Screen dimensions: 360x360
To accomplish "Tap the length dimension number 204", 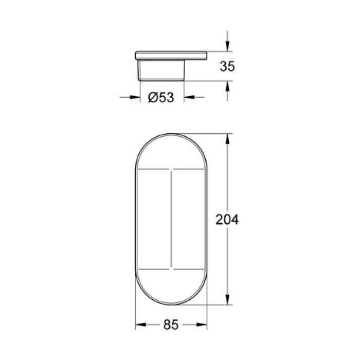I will (227, 220).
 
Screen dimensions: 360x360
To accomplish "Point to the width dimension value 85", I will (171, 325).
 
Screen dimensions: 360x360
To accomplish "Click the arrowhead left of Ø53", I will (136, 96).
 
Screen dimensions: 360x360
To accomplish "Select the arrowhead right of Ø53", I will (188, 96).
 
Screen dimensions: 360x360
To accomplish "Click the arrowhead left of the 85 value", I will (139, 325).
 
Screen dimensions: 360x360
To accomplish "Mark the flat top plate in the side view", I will (171, 55).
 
